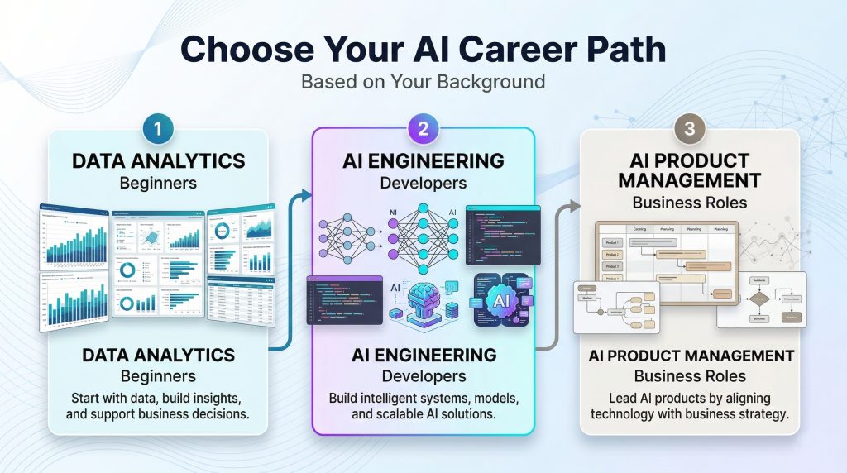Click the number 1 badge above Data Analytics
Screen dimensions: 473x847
tap(157, 130)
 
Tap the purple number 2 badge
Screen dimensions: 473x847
tap(423, 130)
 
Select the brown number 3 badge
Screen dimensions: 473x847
tap(689, 130)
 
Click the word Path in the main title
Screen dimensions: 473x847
tap(622, 49)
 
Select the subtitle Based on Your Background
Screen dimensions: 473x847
tap(423, 82)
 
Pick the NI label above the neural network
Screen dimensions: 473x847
tap(394, 213)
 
